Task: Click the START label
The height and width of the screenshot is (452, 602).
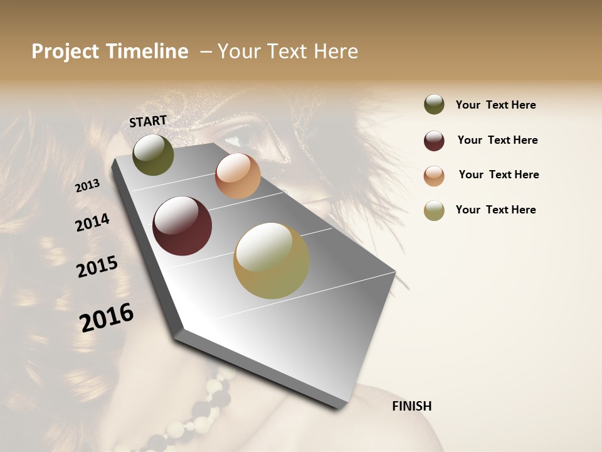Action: point(148,121)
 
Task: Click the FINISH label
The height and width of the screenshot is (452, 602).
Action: point(411,406)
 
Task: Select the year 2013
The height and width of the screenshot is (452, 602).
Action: point(87,186)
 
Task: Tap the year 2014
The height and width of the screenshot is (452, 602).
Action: point(92,222)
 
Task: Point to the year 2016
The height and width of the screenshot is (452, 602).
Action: point(107,317)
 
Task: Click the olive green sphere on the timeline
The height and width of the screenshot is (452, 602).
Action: point(153,155)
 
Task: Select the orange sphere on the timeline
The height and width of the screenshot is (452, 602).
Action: point(238,176)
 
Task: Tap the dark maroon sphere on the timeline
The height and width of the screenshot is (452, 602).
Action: point(182,226)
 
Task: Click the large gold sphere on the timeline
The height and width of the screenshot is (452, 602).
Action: point(271,261)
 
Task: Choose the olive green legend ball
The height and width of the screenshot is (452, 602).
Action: point(434,105)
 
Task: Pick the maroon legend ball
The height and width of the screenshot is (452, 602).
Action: point(434,141)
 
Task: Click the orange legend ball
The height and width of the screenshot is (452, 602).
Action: point(434,176)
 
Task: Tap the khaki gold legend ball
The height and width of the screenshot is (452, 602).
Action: point(434,210)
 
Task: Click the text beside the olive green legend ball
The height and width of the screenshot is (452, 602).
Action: point(495,105)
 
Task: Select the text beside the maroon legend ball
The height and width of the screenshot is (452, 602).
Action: point(497,140)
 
